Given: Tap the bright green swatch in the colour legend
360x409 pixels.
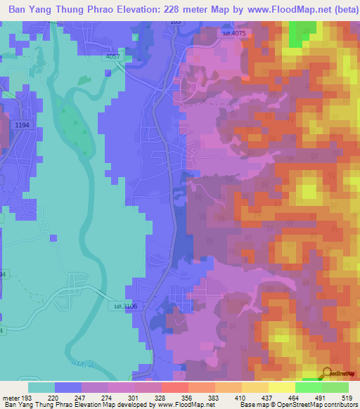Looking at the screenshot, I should pos(309,387).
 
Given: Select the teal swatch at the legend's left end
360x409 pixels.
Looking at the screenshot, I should pos(41,387).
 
